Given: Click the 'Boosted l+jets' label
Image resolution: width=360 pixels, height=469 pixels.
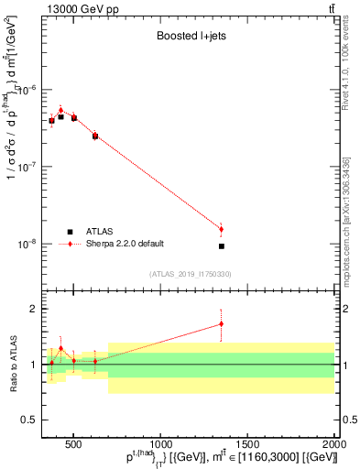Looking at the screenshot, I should [x=190, y=38].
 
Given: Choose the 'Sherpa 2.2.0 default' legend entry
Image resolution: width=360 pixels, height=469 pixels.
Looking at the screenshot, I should [x=124, y=244].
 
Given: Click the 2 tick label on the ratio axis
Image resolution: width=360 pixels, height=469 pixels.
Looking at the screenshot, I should [x=33, y=310].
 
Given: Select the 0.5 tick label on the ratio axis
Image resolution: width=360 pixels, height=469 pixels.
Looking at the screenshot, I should [x=29, y=420].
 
